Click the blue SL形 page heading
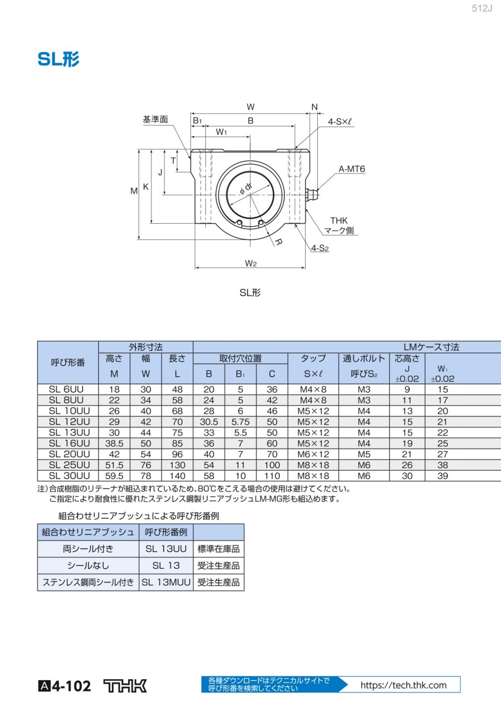point(58,59)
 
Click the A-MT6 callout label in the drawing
point(352,169)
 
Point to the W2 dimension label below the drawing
point(250,263)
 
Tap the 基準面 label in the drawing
point(155,120)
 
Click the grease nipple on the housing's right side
point(312,195)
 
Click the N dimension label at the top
point(315,107)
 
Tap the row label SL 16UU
point(68,443)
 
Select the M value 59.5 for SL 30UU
point(114,476)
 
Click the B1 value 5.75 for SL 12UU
point(240,422)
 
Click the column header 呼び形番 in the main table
point(68,362)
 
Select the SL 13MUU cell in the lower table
point(166,582)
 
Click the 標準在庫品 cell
point(218,549)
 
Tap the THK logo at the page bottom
point(125,686)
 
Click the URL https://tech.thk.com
point(404,685)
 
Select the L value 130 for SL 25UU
point(177,465)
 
